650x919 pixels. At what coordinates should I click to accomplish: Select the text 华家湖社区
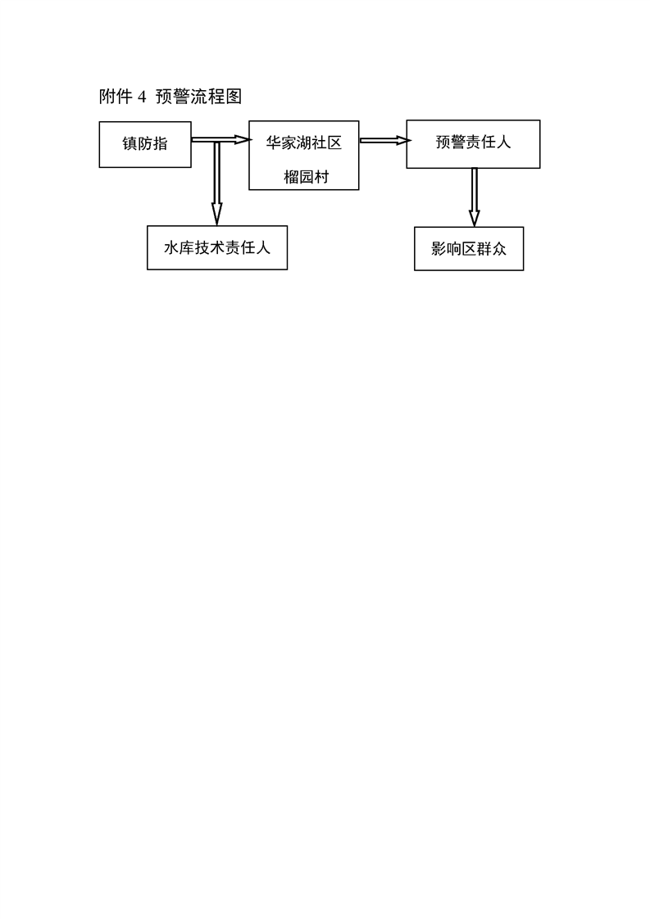pos(304,143)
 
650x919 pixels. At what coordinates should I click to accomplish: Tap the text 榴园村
pos(307,176)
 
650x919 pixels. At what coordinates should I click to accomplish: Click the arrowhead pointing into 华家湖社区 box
pos(243,139)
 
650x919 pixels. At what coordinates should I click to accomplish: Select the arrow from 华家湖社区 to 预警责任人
pos(385,140)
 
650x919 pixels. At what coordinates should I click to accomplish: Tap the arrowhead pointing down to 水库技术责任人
pos(216,215)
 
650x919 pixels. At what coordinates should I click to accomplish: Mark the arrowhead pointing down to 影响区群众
pos(474,217)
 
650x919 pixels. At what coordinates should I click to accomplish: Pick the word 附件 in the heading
pos(115,97)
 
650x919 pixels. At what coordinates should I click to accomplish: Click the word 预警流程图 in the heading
pos(198,97)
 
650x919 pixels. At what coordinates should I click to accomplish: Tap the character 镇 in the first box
pos(130,143)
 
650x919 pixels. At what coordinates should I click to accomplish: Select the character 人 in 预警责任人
pos(503,143)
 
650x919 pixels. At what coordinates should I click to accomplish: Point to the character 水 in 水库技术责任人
pos(171,247)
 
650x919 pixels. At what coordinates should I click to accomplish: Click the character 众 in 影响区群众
pos(499,249)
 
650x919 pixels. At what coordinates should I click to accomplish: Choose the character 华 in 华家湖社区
pos(274,143)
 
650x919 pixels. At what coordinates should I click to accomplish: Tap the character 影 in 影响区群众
pos(439,249)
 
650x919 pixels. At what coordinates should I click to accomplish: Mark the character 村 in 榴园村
pos(322,176)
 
